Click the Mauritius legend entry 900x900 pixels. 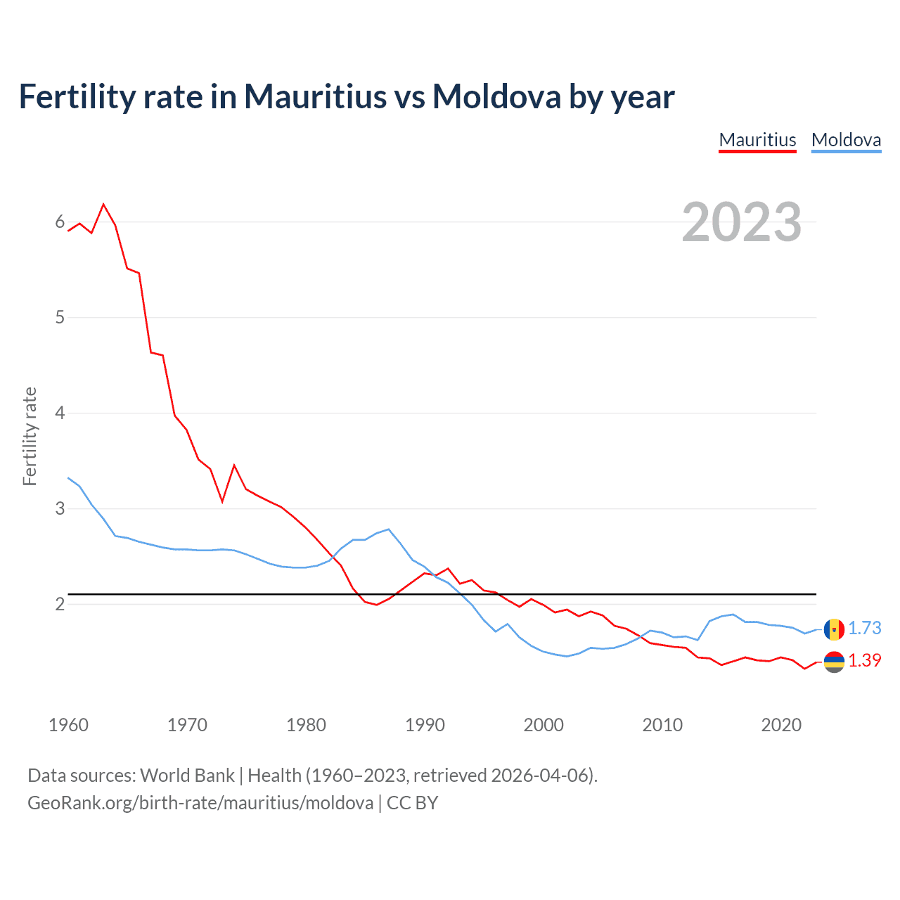757,140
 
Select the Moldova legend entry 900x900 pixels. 846,140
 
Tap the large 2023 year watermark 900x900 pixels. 742,222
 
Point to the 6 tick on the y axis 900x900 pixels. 60,222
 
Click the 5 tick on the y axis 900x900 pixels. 60,317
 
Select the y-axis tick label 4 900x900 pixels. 60,413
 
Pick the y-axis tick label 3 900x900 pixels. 60,508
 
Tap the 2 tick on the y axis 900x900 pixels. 60,604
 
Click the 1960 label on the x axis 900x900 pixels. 68,725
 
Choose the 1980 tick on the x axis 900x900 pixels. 306,725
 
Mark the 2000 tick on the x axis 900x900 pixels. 544,725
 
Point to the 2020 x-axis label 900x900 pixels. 781,725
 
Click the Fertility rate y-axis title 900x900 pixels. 30,436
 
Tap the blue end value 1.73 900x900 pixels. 864,628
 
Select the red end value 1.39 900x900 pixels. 864,660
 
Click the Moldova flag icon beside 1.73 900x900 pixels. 834,629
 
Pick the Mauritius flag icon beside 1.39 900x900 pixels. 834,662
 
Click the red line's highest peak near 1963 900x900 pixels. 104,205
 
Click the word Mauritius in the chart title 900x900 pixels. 315,96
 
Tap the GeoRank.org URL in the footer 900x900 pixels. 200,803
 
